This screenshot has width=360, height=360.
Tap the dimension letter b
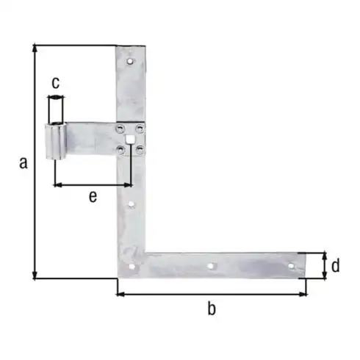(212, 309)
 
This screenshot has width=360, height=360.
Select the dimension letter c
(55, 82)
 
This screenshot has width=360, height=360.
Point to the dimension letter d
(335, 265)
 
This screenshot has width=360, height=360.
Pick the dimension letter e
(92, 195)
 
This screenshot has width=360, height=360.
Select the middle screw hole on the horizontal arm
(210, 266)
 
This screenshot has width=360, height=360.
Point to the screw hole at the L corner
(132, 266)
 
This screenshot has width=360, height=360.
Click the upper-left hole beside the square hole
(120, 129)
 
